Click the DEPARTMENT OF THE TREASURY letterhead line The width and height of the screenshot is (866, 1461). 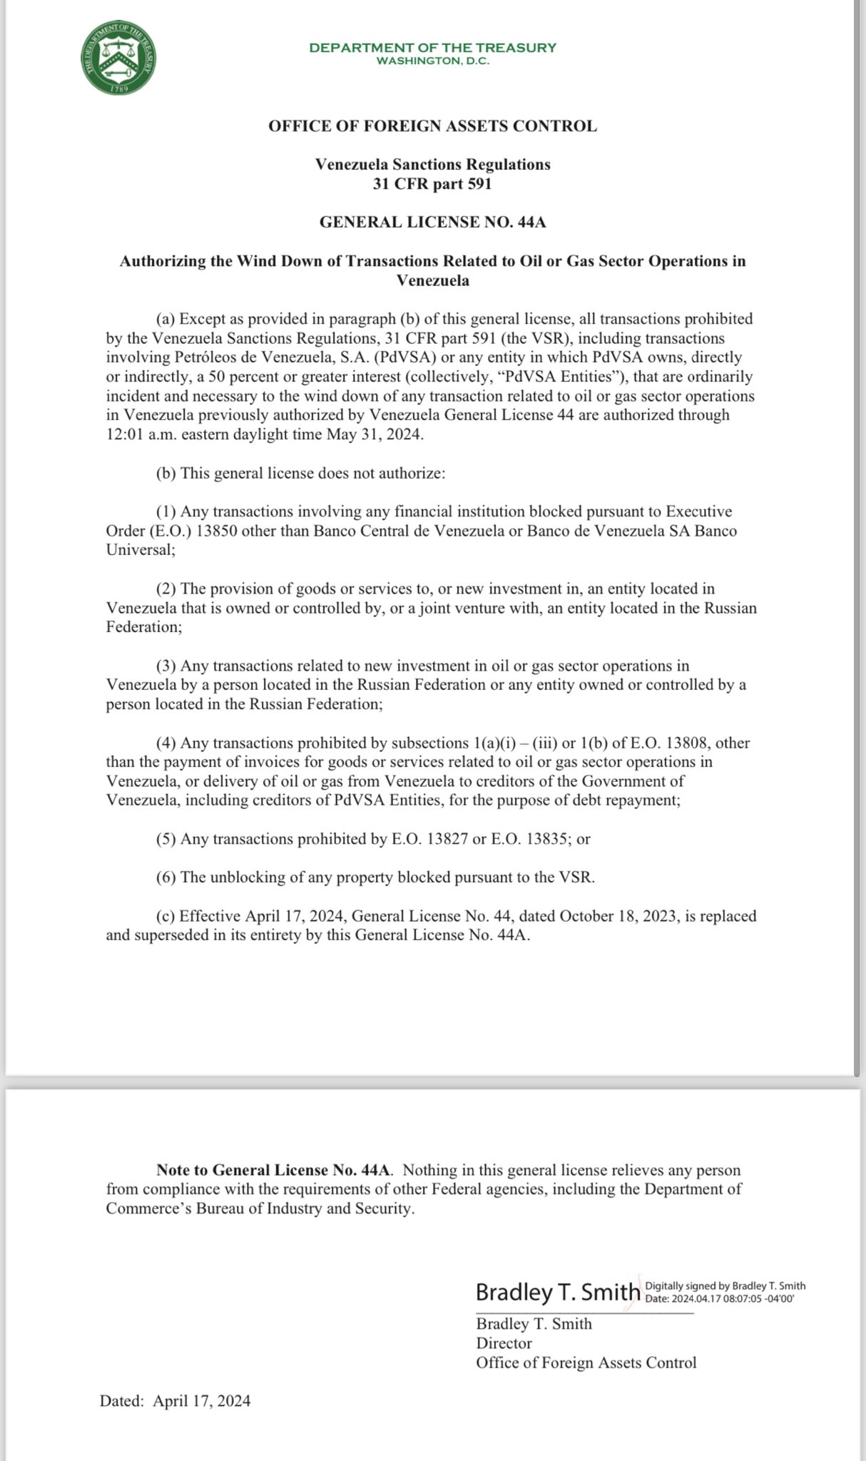[x=432, y=48]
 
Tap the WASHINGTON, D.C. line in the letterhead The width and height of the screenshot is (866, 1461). [x=432, y=61]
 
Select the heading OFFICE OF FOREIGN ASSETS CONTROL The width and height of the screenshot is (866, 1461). [x=432, y=126]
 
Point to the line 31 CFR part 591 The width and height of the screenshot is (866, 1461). [x=432, y=184]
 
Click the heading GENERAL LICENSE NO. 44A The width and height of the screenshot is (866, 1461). [x=432, y=222]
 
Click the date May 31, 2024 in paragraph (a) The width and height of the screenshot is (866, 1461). [x=375, y=434]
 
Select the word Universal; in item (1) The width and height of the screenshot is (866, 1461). [x=141, y=550]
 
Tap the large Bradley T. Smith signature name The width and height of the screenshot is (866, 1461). [x=558, y=1292]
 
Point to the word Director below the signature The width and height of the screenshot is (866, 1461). [x=504, y=1343]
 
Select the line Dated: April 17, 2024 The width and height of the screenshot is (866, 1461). [x=175, y=1401]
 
